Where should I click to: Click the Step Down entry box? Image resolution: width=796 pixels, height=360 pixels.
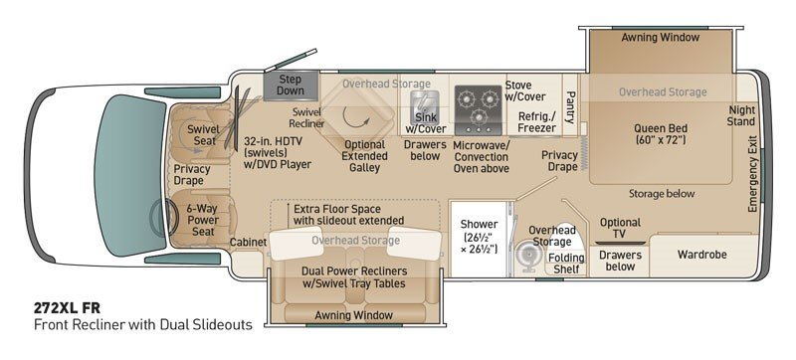[x=291, y=86]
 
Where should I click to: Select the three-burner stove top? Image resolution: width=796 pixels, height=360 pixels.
[x=478, y=110]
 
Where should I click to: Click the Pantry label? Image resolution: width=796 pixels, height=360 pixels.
[x=570, y=107]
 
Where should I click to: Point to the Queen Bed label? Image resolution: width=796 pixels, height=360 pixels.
[x=660, y=133]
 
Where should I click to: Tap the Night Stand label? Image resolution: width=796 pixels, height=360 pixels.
[x=741, y=115]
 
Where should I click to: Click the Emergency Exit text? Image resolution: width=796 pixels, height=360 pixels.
[x=752, y=174]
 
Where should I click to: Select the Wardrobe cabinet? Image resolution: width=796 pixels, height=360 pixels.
[x=702, y=255]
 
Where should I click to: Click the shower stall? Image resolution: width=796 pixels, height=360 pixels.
[x=479, y=239]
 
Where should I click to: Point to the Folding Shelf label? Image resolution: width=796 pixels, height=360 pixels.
[x=566, y=264]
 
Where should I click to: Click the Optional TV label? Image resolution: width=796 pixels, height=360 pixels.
[x=620, y=228]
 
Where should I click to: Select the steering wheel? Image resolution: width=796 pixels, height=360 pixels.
[x=161, y=218]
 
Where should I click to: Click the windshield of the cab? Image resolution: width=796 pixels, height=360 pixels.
[x=129, y=175]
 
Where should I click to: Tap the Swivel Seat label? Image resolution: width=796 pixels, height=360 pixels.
[x=203, y=135]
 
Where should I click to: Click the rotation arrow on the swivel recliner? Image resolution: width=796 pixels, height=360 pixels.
[x=354, y=117]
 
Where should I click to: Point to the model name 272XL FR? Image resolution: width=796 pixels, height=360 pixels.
[x=67, y=308]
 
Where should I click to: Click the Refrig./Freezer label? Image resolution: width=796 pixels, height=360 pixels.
[x=536, y=122]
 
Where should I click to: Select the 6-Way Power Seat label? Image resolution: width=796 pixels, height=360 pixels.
[x=203, y=220]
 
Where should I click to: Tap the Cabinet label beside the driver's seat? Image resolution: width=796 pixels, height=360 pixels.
[x=248, y=243]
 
